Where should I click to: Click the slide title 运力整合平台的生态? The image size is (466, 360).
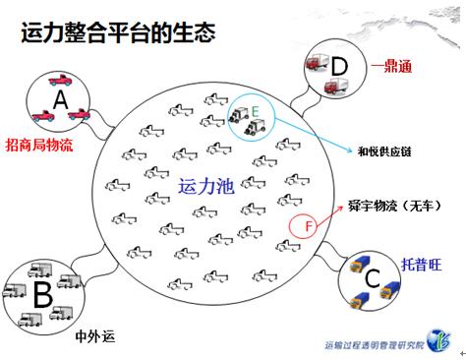[118, 32]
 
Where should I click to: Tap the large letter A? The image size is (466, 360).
[60, 99]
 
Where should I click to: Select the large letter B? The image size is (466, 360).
[43, 294]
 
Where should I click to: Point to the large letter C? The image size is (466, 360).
[373, 278]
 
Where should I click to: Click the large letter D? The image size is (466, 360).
[339, 66]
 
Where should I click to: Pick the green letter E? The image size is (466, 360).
[255, 112]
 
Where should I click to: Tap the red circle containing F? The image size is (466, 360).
[303, 225]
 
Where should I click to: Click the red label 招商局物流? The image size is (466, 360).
[39, 145]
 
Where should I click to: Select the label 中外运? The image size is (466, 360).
[95, 336]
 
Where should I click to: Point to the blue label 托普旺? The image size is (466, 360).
[422, 265]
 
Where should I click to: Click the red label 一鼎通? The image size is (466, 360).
[391, 67]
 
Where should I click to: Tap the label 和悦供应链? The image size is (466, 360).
[384, 151]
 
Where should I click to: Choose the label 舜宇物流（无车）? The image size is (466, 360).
[394, 207]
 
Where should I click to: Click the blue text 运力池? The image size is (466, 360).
[206, 187]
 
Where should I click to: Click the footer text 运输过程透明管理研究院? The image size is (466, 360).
[375, 345]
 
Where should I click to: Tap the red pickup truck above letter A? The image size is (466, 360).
[60, 80]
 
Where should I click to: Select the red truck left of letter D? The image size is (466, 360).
[317, 62]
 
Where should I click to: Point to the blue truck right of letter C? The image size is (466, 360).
[390, 290]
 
